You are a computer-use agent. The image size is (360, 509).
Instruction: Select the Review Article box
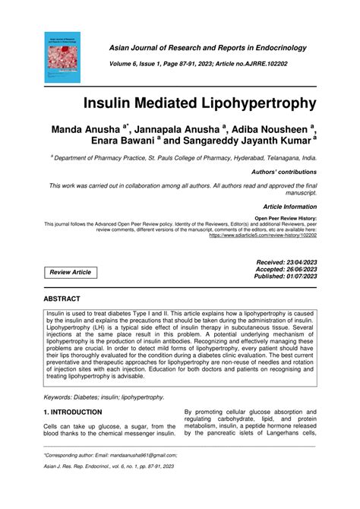(70, 272)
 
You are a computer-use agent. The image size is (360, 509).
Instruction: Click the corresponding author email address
(144, 454)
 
